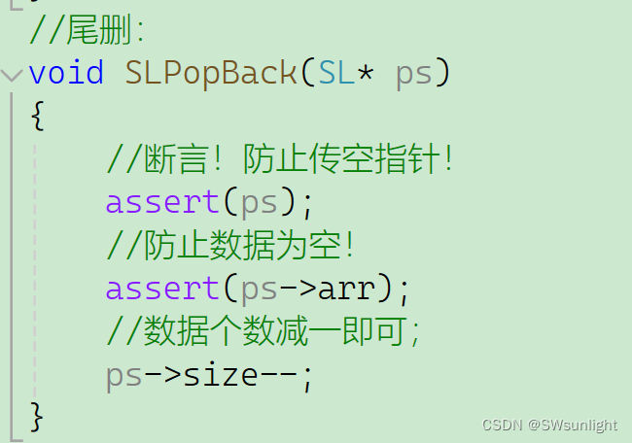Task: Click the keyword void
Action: (x=66, y=73)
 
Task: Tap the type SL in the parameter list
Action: (x=336, y=73)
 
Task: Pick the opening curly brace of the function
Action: (x=37, y=117)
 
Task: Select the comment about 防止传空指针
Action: (x=280, y=159)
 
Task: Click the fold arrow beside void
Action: (x=12, y=74)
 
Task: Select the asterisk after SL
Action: (x=367, y=73)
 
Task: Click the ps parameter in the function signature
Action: (x=414, y=73)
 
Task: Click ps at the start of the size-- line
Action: (x=124, y=375)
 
